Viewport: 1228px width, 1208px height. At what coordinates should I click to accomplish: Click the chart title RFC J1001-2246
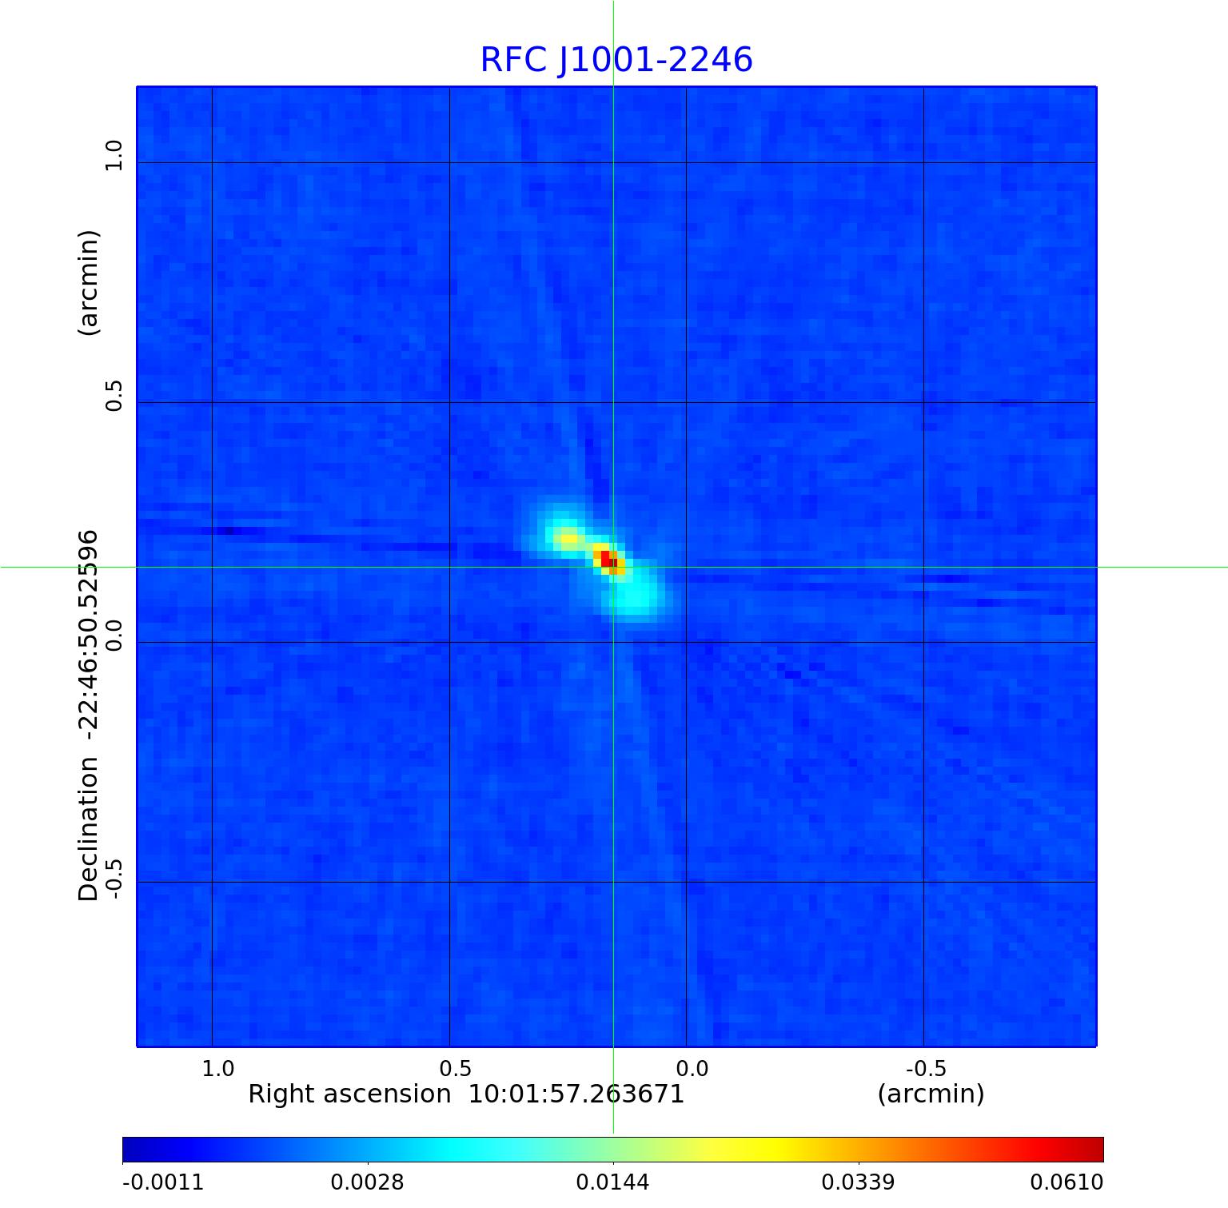point(616,60)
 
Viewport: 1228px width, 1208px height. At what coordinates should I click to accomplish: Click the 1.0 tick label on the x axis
point(218,1069)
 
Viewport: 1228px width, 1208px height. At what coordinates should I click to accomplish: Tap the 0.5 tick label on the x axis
point(455,1069)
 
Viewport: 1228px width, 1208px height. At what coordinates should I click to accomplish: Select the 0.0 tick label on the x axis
point(692,1069)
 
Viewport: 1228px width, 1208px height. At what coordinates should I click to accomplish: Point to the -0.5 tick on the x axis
point(926,1069)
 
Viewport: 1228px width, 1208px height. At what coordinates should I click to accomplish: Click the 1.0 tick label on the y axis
point(114,155)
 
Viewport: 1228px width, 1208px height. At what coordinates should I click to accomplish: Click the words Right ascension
point(349,1094)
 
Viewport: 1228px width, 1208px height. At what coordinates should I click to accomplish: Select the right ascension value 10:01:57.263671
point(576,1094)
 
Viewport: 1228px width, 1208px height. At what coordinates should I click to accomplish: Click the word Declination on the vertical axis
point(88,829)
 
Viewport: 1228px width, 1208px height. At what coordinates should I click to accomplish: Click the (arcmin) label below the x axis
point(931,1094)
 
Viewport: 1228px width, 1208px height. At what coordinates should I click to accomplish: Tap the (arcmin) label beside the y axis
point(88,282)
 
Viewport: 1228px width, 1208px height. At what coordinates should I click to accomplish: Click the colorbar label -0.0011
point(163,1182)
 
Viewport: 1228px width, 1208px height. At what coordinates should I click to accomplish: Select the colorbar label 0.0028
point(368,1182)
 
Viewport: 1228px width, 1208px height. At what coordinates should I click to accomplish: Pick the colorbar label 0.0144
point(613,1182)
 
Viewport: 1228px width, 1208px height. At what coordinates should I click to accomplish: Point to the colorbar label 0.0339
point(859,1182)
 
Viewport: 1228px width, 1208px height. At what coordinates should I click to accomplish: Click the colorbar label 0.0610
point(1067,1182)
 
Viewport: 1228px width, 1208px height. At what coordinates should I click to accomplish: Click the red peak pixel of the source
point(605,557)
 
